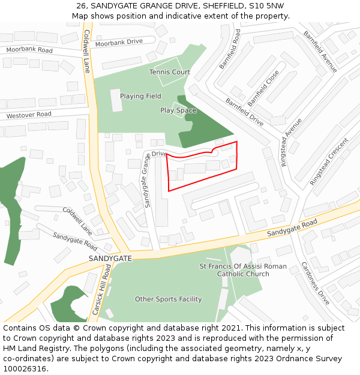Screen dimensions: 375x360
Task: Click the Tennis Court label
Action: pos(169,72)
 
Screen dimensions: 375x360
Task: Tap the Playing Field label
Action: pos(140,96)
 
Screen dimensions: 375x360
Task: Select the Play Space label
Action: pos(178,110)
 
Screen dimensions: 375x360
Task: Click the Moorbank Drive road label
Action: pos(119,42)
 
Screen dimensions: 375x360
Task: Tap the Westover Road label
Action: pos(29,115)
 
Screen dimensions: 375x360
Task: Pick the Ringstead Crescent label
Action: pos(329,161)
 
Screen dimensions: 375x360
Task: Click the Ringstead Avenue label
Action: pos(292,142)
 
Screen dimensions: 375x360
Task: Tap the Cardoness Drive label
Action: pos(315,283)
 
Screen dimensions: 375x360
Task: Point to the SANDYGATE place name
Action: pos(110,258)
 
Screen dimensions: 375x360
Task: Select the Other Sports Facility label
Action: pos(168,299)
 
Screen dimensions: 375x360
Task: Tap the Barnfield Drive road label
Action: pos(244,112)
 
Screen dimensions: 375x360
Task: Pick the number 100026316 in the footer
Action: pos(24,369)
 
